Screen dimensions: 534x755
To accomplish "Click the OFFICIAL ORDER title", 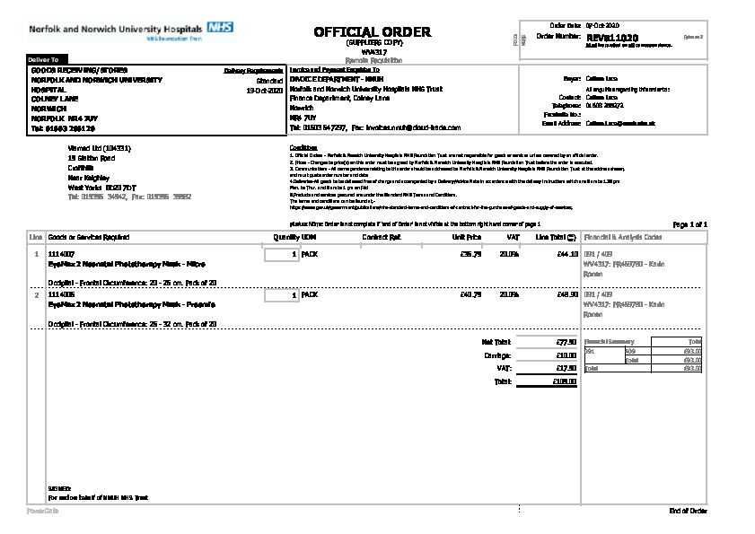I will [x=372, y=31].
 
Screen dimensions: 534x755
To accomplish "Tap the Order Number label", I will [x=557, y=36].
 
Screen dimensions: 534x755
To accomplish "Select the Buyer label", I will [x=572, y=79].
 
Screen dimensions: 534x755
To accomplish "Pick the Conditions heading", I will [x=303, y=146].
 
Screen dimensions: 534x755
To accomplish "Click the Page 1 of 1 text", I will [x=689, y=223].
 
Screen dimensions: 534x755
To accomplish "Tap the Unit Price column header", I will [x=467, y=237].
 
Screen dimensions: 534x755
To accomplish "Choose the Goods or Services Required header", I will [x=89, y=237].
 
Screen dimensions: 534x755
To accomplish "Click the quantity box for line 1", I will [x=282, y=255].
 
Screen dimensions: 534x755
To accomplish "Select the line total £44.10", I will [x=566, y=255].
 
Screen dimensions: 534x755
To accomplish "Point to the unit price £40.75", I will [x=470, y=294].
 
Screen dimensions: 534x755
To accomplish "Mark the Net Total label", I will [x=496, y=342].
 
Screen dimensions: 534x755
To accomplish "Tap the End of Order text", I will [x=688, y=511].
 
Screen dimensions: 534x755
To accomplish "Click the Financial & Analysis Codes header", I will [x=623, y=237].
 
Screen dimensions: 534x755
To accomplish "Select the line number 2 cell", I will [x=36, y=294].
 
